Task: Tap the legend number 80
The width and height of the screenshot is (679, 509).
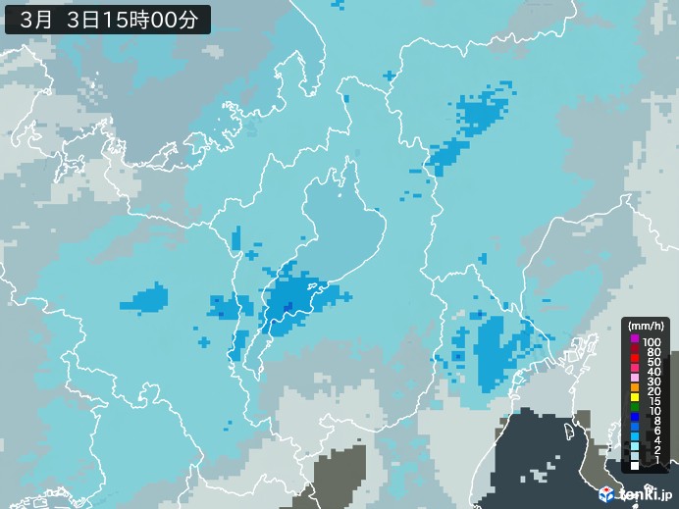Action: click(653, 351)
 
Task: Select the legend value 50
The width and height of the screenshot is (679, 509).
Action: click(653, 362)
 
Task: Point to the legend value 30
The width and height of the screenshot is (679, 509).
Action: click(653, 382)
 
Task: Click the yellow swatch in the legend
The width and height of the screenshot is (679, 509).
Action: click(635, 393)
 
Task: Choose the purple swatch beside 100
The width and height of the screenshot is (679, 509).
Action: click(635, 341)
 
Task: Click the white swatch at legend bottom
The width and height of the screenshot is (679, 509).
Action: click(635, 466)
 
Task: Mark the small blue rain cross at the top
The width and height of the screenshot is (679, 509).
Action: click(390, 75)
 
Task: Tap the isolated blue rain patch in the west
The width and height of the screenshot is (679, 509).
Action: click(148, 299)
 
